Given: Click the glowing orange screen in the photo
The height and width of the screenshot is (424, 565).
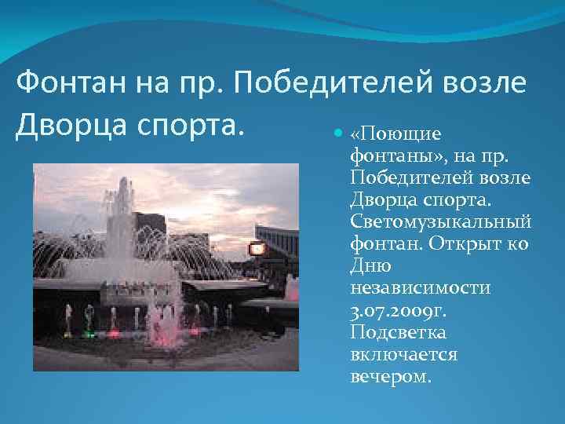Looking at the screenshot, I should [x=257, y=250].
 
